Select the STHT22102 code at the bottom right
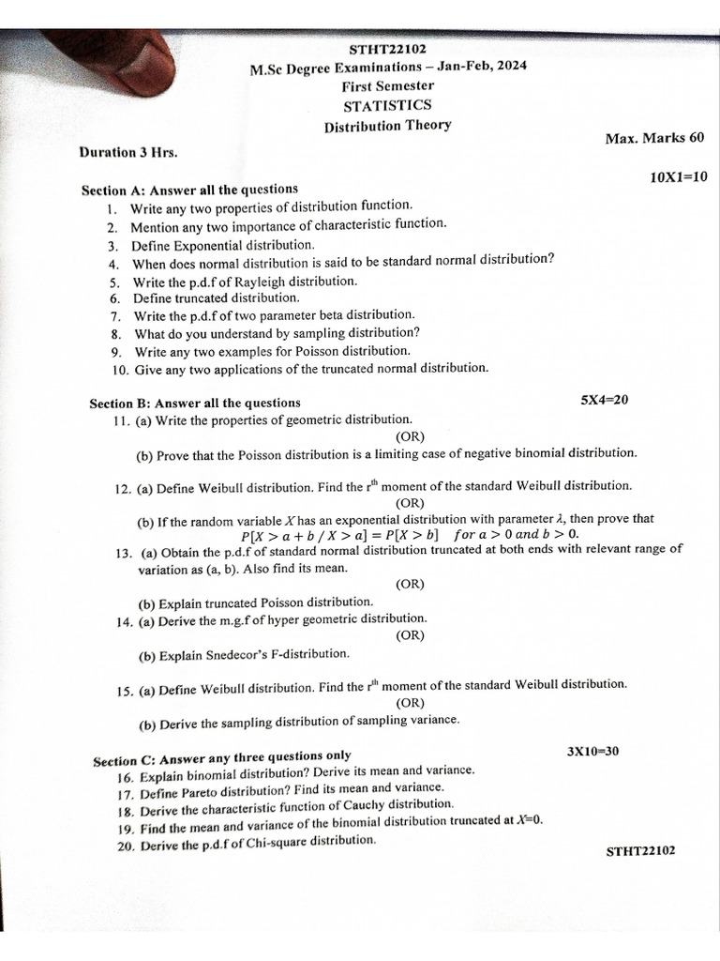tap(640, 851)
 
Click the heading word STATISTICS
tap(387, 105)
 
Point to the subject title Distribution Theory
tap(387, 126)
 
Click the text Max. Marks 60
tap(654, 138)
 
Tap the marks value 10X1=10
tap(678, 176)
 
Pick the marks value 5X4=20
tap(605, 400)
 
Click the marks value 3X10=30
tap(592, 752)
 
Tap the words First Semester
tap(387, 85)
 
